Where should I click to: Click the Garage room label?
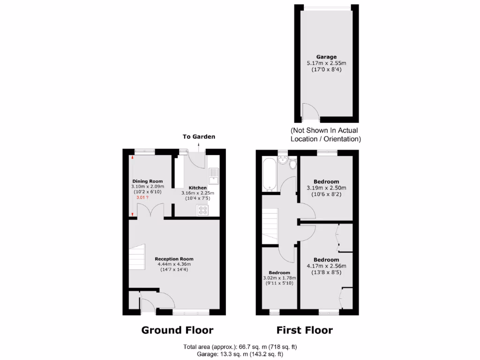pyautogui.click(x=326, y=57)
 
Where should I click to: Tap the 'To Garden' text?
pyautogui.click(x=199, y=137)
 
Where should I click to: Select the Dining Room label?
pyautogui.click(x=147, y=181)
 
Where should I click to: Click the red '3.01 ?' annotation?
pyautogui.click(x=142, y=198)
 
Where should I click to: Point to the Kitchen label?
pyautogui.click(x=197, y=187)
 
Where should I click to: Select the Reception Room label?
pyautogui.click(x=174, y=259)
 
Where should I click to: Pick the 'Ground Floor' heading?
pyautogui.click(x=177, y=330)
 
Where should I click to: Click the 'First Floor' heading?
pyautogui.click(x=304, y=330)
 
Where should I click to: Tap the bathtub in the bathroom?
pyautogui.click(x=269, y=175)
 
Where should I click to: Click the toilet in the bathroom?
pyautogui.click(x=293, y=164)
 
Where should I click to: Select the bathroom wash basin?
pyautogui.click(x=283, y=161)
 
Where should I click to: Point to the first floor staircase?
pyautogui.click(x=270, y=226)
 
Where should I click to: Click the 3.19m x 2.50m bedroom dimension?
pyautogui.click(x=326, y=188)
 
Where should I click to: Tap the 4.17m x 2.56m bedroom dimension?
pyautogui.click(x=326, y=266)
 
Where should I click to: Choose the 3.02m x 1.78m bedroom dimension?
pyautogui.click(x=279, y=278)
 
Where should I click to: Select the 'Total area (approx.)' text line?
pyautogui.click(x=240, y=347)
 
